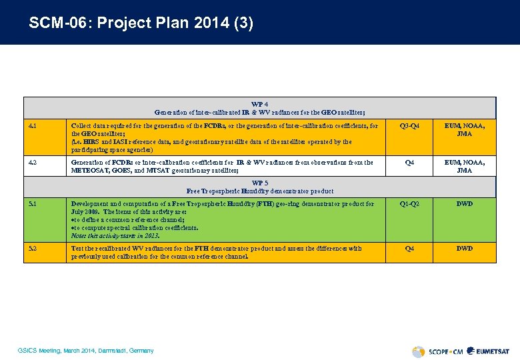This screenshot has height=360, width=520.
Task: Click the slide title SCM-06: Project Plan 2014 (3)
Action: [x=141, y=23]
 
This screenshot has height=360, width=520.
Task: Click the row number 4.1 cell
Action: [x=33, y=125]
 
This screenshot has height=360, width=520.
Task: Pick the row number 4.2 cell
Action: [x=33, y=162]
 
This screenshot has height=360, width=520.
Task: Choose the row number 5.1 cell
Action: [x=33, y=204]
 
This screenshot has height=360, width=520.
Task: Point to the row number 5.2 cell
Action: [x=33, y=248]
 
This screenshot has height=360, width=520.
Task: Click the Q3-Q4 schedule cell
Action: [x=409, y=125]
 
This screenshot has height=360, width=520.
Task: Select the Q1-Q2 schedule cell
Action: [x=409, y=204]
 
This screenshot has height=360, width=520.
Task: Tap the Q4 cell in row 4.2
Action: [x=409, y=162]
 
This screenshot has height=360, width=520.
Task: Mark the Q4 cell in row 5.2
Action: [x=409, y=248]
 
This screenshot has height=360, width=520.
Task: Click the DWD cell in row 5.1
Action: [x=465, y=204]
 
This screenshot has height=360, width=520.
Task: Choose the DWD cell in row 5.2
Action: [x=465, y=248]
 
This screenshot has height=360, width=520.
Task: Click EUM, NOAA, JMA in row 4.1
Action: [x=465, y=129]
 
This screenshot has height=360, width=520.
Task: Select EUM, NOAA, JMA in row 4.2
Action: [x=465, y=166]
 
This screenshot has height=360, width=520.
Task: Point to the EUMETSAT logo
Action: [x=488, y=351]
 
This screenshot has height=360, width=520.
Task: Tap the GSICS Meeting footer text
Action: [x=86, y=351]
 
